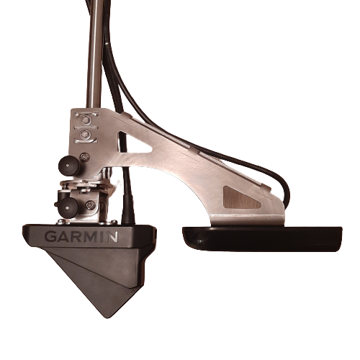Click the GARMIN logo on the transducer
(81, 236)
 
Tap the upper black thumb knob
(68, 166)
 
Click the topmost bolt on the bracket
(84, 119)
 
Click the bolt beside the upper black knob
(84, 157)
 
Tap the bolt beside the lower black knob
(91, 204)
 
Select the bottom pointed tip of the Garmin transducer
(107, 318)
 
